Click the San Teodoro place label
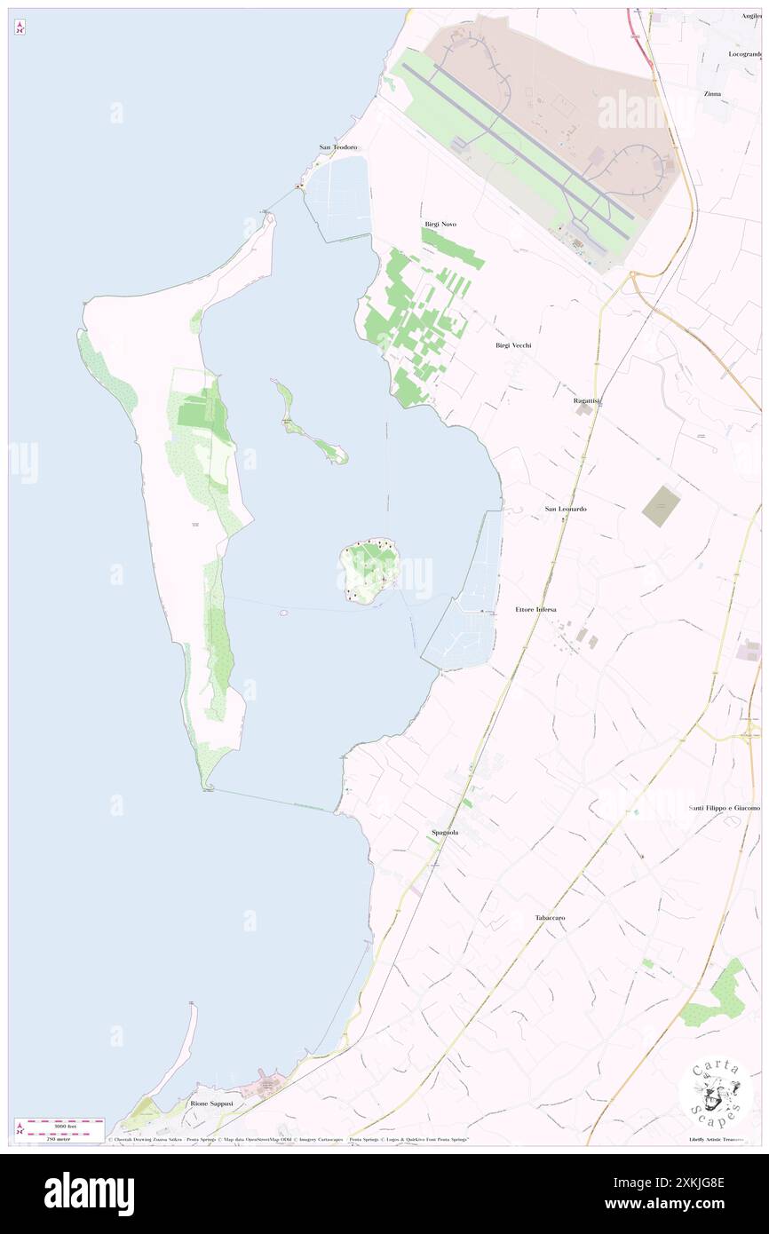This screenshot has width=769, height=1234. point(337,146)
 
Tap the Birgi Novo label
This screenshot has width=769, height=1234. point(440,225)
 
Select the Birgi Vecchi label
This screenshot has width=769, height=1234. point(513,344)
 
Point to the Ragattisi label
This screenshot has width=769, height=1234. point(587,401)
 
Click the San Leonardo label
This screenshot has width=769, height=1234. point(566,509)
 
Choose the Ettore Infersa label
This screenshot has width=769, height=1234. point(535,609)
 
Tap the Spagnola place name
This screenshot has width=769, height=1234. point(444,832)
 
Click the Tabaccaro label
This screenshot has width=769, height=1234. point(550,917)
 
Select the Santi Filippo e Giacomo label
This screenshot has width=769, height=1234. point(725,808)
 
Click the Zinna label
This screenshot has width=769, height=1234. point(712,93)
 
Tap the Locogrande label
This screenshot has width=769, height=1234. point(744,54)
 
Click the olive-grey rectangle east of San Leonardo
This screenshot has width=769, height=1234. point(661,506)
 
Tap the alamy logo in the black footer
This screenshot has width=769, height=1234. point(89,1193)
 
